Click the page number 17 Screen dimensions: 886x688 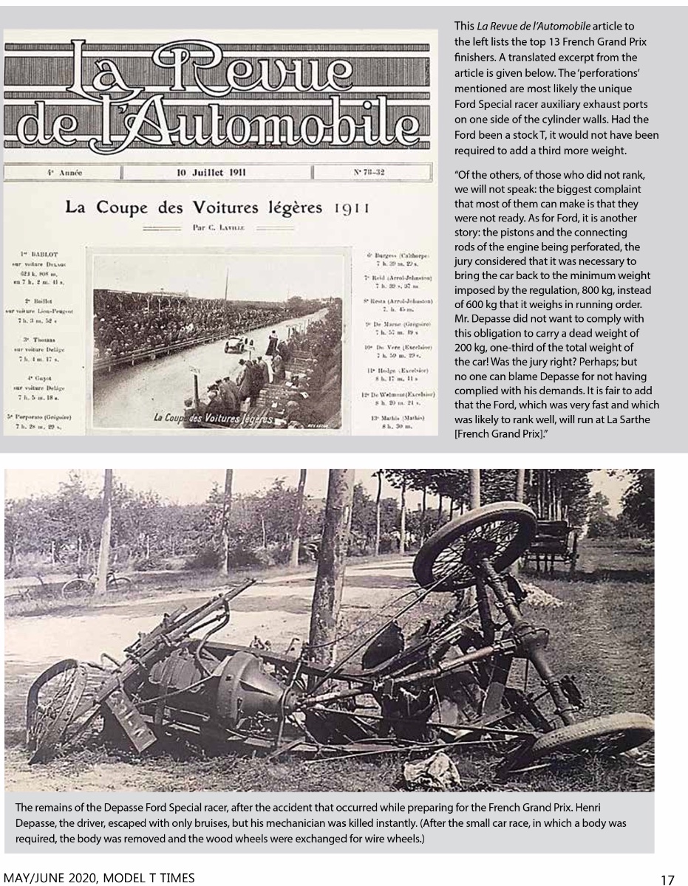pyautogui.click(x=667, y=879)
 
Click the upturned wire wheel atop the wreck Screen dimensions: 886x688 pyautogui.click(x=474, y=544)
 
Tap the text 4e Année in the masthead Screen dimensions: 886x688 pyautogui.click(x=64, y=174)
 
